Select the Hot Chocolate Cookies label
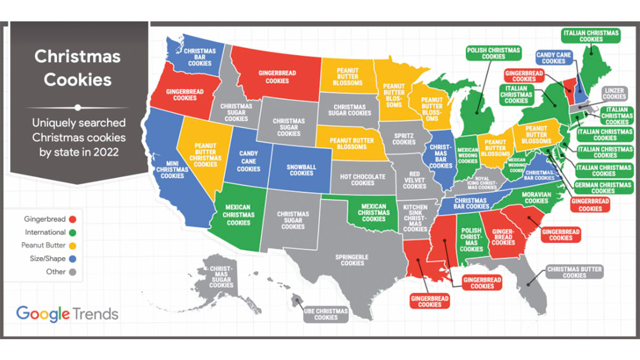click(363, 180)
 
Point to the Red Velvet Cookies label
click(414, 180)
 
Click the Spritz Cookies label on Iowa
click(404, 139)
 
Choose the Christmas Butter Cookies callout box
click(574, 272)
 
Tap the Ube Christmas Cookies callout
click(326, 314)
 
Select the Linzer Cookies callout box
click(614, 93)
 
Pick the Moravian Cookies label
click(536, 198)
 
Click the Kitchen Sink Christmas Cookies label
click(415, 218)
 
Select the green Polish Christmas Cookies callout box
click(493, 53)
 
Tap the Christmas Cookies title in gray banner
click(78, 68)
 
